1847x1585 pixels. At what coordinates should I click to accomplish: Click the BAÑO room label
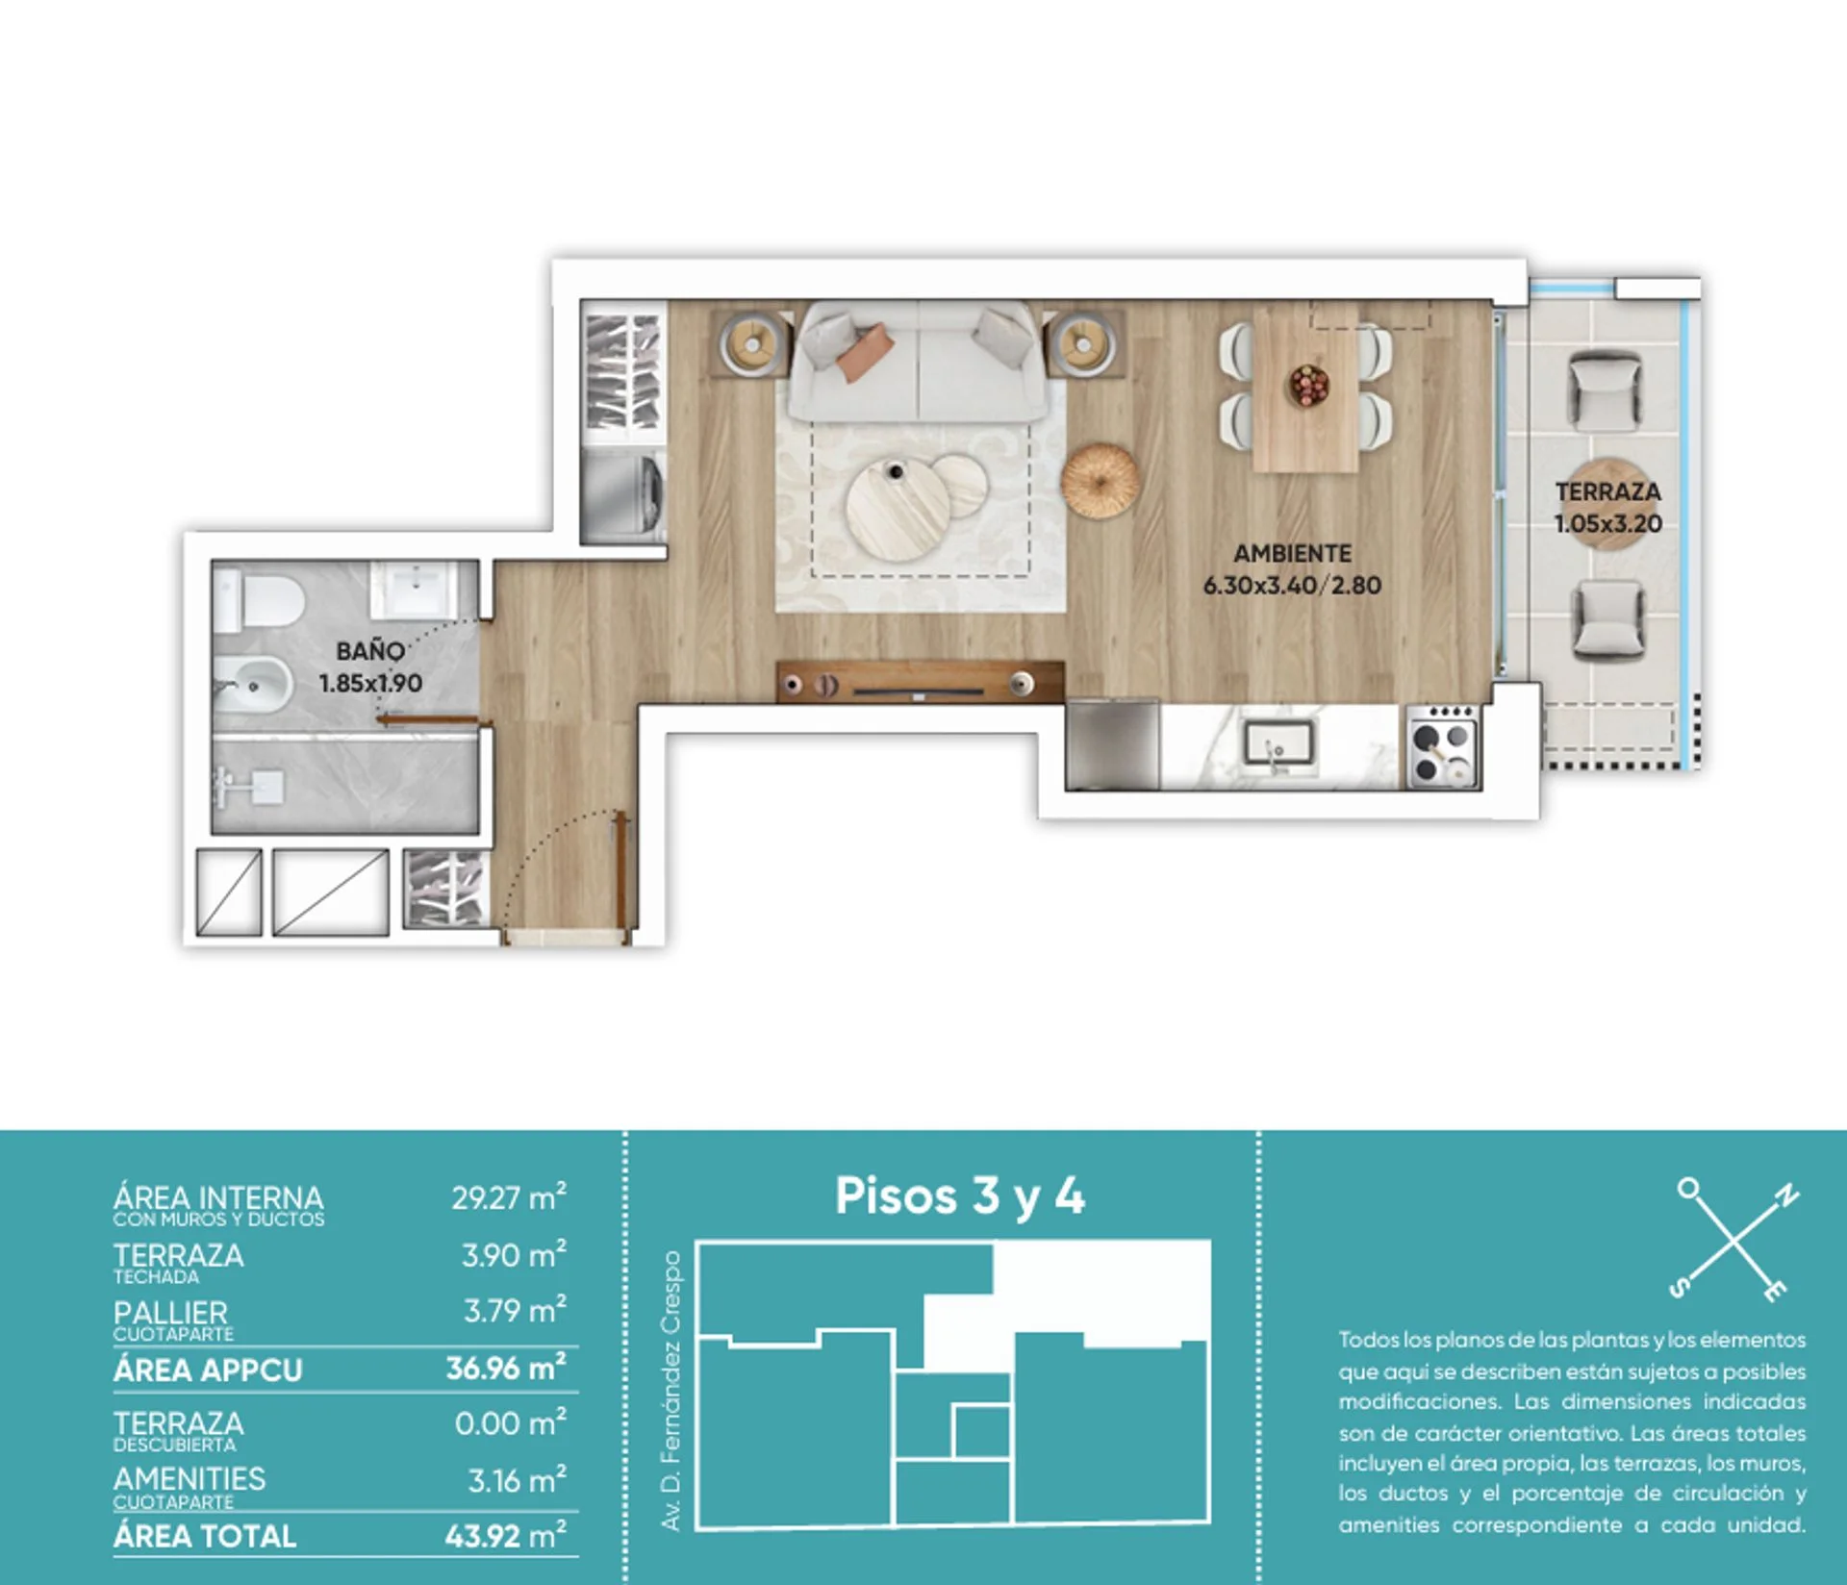click(369, 651)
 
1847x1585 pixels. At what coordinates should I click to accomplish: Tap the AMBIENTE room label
click(1292, 554)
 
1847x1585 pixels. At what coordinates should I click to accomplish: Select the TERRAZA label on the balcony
click(1607, 491)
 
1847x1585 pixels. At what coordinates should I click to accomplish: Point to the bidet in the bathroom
click(252, 686)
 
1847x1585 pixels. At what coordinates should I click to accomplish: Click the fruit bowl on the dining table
click(1308, 386)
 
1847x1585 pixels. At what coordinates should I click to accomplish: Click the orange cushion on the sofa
click(865, 353)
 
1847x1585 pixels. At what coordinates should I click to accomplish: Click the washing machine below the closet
click(623, 494)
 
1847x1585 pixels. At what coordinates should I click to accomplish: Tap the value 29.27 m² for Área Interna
click(509, 1197)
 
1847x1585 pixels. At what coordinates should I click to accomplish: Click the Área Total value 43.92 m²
click(505, 1535)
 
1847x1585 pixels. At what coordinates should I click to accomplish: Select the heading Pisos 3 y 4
click(959, 1197)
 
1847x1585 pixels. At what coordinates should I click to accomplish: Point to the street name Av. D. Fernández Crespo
click(671, 1391)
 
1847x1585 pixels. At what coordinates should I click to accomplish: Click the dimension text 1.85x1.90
click(370, 684)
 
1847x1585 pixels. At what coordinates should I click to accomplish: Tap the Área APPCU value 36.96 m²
click(506, 1368)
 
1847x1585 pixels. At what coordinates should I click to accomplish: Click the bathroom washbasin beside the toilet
click(414, 588)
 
